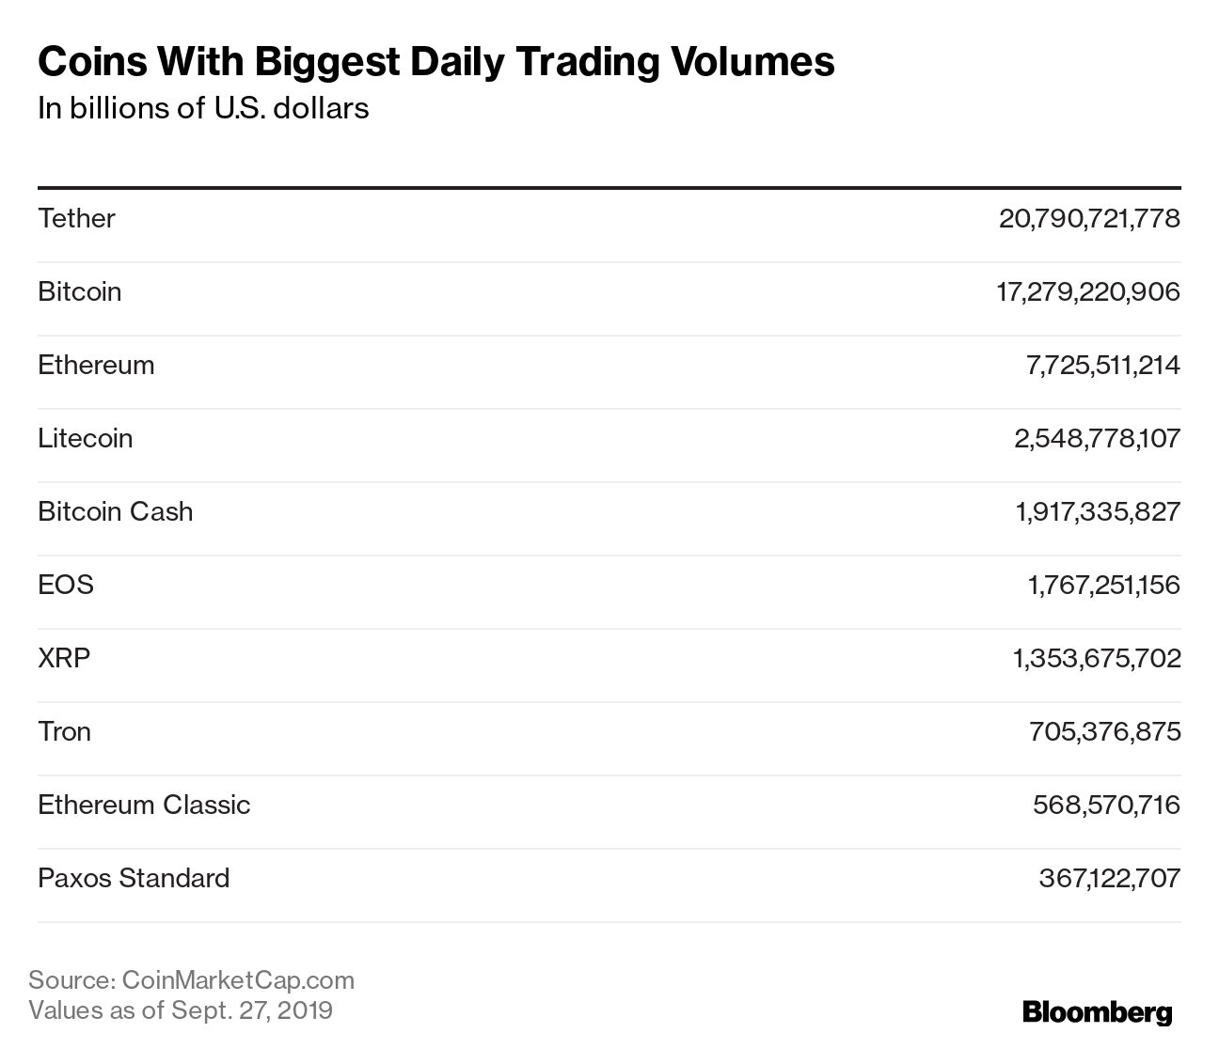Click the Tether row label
point(76,218)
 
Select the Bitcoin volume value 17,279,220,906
point(1087,291)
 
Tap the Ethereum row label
point(96,365)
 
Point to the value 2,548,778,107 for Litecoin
point(1096,438)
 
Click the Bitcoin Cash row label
point(115,511)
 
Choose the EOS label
point(66,585)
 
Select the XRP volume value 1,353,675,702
point(1096,658)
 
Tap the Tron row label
point(64,731)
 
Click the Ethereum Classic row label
point(144,805)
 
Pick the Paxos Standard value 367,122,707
point(1109,878)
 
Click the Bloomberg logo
point(1097,1012)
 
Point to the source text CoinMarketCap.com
point(239,980)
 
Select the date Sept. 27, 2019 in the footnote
point(251,1010)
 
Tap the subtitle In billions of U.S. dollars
point(203,108)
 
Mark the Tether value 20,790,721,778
point(1088,218)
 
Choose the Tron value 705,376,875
point(1104,731)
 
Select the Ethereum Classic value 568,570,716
point(1105,805)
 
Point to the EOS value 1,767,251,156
point(1103,585)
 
